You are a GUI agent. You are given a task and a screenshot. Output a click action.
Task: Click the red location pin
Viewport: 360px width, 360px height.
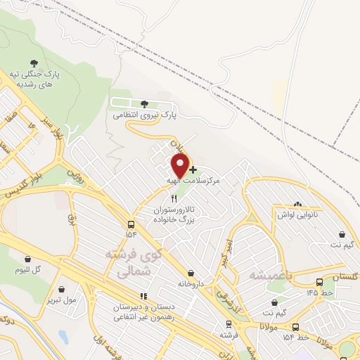[x=180, y=166]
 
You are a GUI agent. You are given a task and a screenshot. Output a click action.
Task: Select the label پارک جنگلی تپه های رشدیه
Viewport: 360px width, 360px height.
[x=36, y=79]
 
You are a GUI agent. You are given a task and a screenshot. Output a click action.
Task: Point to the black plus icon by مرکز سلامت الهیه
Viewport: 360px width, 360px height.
[x=193, y=169]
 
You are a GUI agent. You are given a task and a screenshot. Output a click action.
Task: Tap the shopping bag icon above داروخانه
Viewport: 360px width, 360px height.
[x=191, y=273]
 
